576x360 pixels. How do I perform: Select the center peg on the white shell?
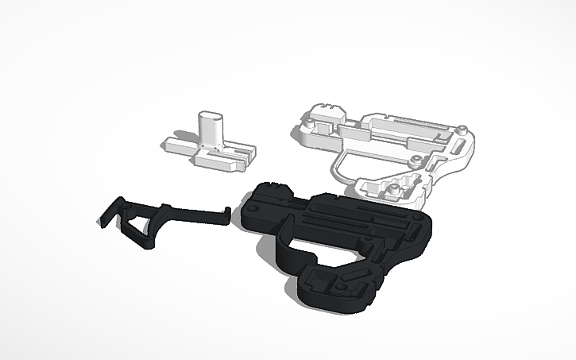(415, 160)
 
